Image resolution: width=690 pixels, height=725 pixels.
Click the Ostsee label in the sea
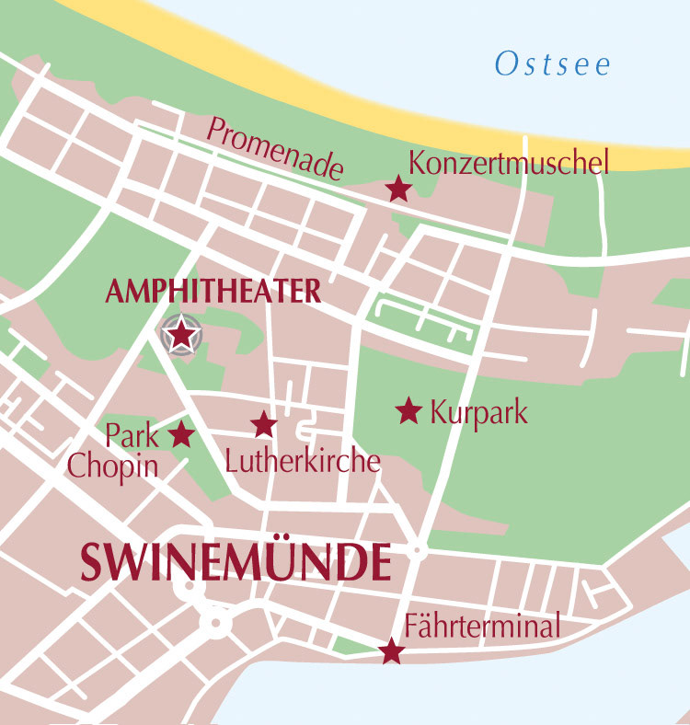pos(553,64)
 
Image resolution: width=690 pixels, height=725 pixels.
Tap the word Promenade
pos(275,148)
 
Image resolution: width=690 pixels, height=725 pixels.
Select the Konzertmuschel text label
pos(509,164)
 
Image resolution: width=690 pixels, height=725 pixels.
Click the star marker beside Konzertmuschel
pos(397,190)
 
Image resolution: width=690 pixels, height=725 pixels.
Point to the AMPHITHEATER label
pos(213,292)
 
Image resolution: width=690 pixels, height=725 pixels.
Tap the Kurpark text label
pos(478,412)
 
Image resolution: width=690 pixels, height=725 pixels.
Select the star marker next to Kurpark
pos(408,410)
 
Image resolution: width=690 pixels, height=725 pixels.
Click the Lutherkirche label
pos(303,460)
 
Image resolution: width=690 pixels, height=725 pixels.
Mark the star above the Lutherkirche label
pos(264,424)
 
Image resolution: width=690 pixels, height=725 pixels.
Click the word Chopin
pos(112,466)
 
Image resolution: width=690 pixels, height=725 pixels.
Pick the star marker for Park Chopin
pos(181,433)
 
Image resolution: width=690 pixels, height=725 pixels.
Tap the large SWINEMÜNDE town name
pos(236,562)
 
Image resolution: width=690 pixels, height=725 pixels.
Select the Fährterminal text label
pos(482,627)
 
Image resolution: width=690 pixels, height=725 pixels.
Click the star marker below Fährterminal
pos(392,651)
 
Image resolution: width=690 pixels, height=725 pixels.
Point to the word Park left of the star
pos(132,434)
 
